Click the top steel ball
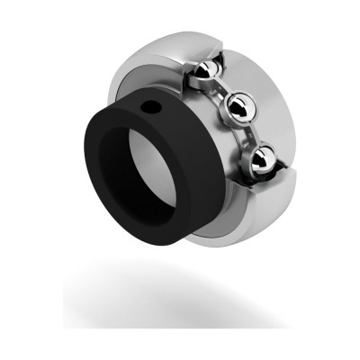click(x=206, y=71)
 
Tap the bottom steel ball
click(x=262, y=159)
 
